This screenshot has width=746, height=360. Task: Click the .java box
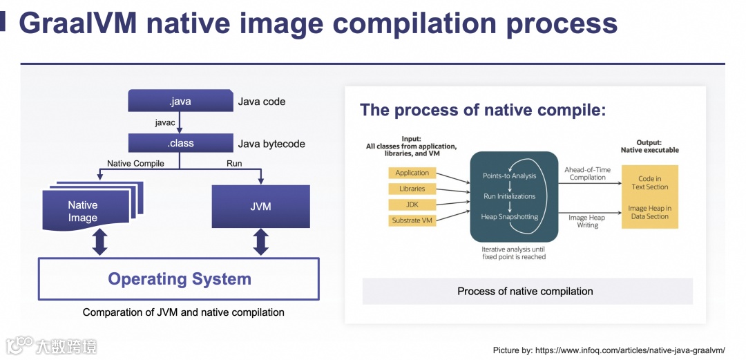pyautogui.click(x=180, y=102)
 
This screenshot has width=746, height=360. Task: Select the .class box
pyautogui.click(x=180, y=144)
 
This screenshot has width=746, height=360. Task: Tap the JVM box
pyautogui.click(x=261, y=206)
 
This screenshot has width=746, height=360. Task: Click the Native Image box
pyautogui.click(x=86, y=211)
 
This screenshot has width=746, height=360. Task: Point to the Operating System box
pyautogui.click(x=179, y=279)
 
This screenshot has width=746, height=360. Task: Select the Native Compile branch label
pyautogui.click(x=135, y=164)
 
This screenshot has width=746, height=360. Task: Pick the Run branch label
pyautogui.click(x=234, y=164)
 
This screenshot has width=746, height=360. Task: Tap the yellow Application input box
pyautogui.click(x=412, y=173)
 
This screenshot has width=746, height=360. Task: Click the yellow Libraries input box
pyautogui.click(x=412, y=189)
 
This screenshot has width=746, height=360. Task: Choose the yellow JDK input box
pyautogui.click(x=412, y=205)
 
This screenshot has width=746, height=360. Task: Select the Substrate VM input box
pyautogui.click(x=412, y=220)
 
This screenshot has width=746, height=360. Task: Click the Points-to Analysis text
pyautogui.click(x=509, y=176)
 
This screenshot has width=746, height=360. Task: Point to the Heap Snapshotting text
pyautogui.click(x=509, y=217)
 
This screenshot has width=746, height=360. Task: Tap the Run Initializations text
pyautogui.click(x=509, y=196)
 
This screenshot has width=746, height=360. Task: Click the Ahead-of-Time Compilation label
pyautogui.click(x=587, y=173)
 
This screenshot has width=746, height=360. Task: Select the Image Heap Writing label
pyautogui.click(x=586, y=221)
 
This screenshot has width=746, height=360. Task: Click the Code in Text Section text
pyautogui.click(x=649, y=183)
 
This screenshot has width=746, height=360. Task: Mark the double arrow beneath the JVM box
pyautogui.click(x=261, y=242)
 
